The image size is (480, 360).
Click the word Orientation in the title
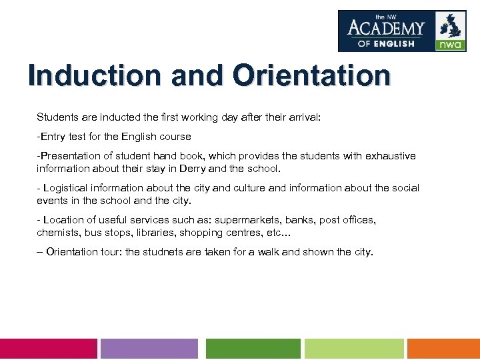[311, 75]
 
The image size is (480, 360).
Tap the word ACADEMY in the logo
[386, 28]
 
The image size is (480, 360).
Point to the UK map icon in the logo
[451, 25]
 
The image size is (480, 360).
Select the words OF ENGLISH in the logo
[386, 43]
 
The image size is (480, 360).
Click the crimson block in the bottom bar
[48, 349]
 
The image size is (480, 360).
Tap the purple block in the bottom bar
[149, 349]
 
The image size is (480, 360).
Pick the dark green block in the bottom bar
[253, 349]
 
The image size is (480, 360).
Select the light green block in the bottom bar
[354, 349]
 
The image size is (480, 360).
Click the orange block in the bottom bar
[443, 349]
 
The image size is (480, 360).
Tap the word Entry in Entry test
[53, 137]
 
